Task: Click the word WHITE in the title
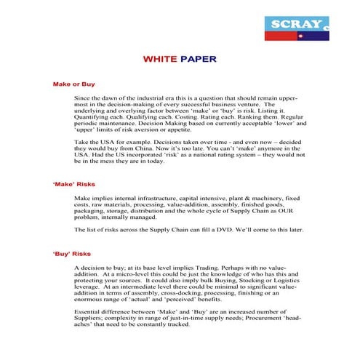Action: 160,60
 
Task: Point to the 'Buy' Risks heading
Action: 72,254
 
